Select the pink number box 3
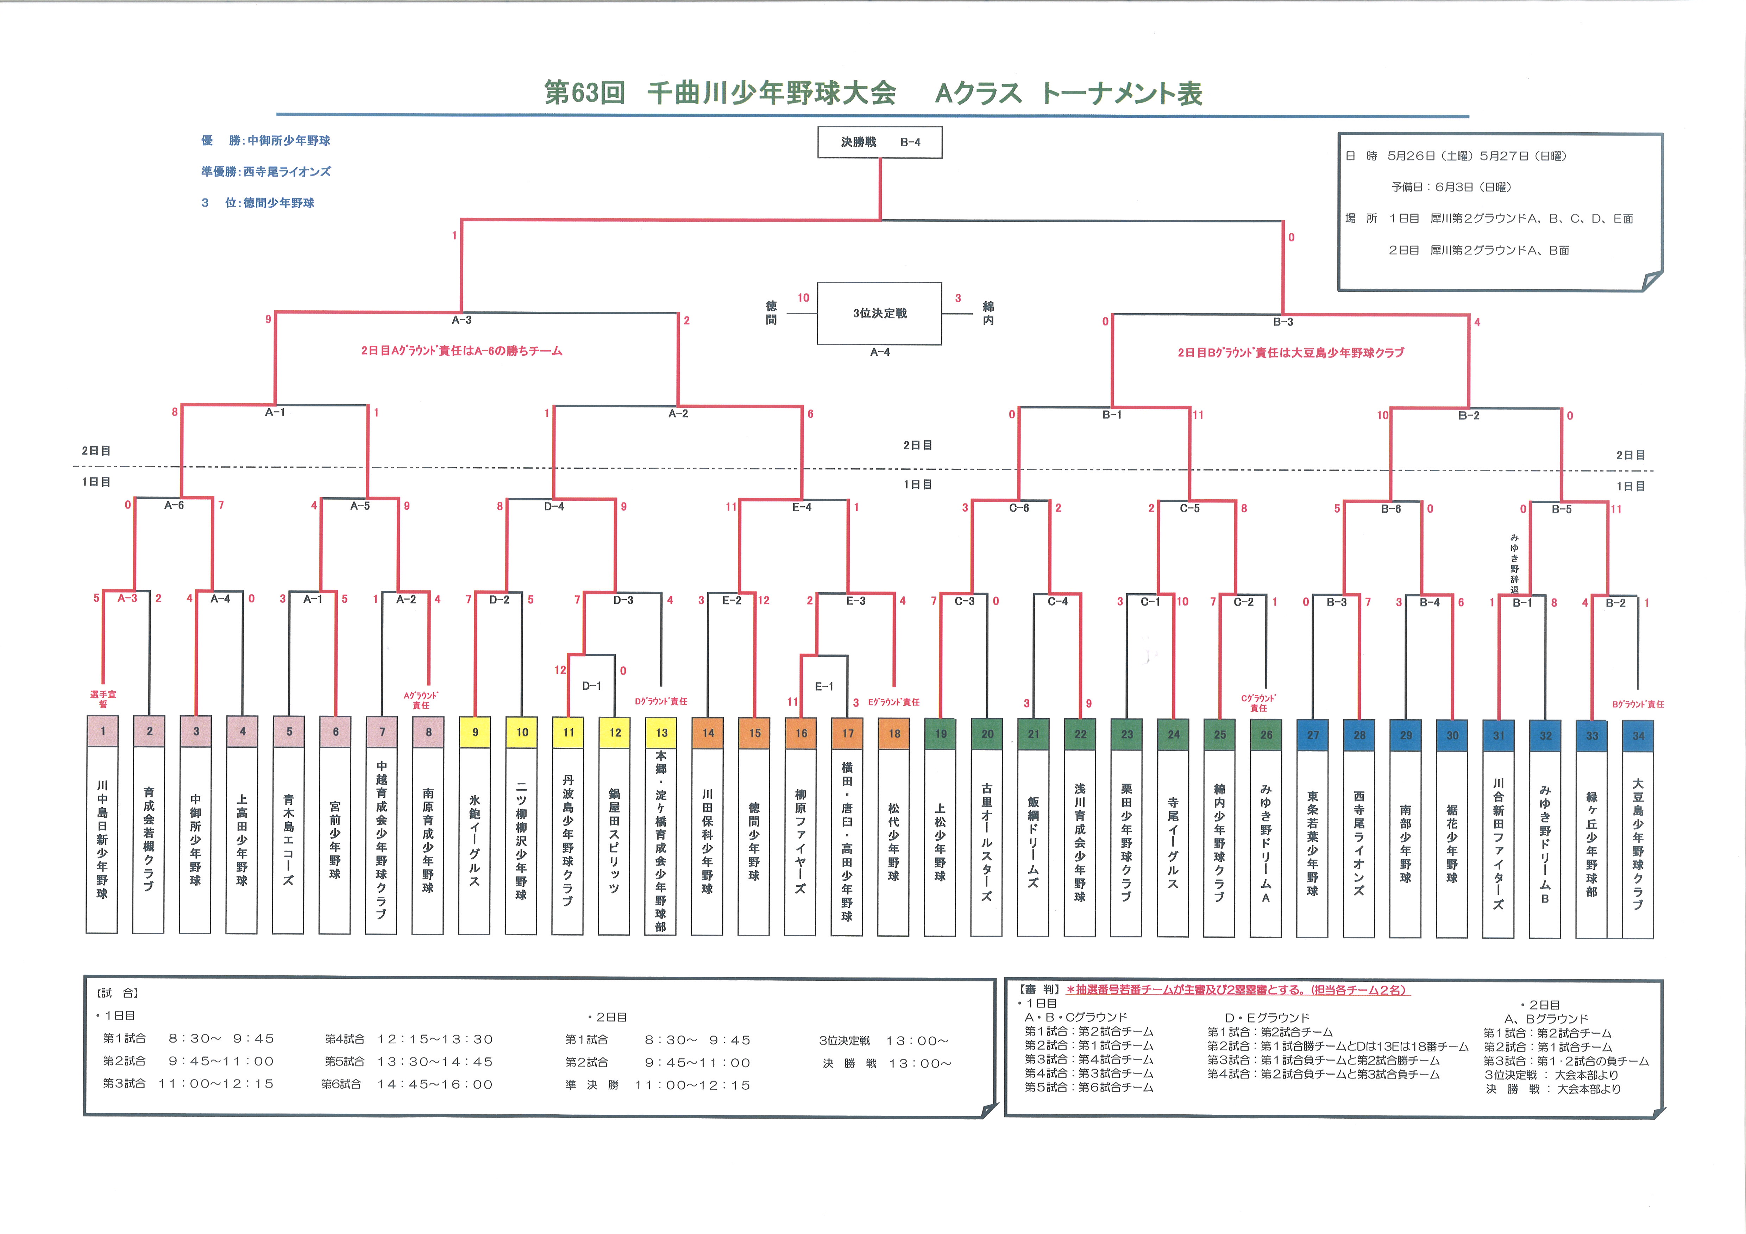(196, 732)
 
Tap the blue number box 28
(1359, 735)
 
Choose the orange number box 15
(754, 733)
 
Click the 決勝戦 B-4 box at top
(880, 142)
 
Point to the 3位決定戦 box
(880, 313)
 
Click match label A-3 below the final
(461, 320)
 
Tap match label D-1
(592, 686)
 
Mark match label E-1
(824, 686)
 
